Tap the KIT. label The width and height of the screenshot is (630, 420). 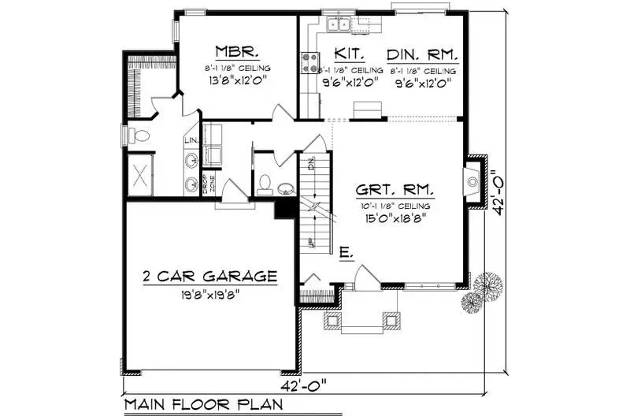(x=347, y=54)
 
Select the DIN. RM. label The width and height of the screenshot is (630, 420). (x=421, y=54)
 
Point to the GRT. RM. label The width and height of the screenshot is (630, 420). (x=395, y=190)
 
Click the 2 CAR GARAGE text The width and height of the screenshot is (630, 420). (x=209, y=276)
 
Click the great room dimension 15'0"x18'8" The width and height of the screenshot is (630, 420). (x=395, y=220)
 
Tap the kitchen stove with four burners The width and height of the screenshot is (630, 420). (x=309, y=62)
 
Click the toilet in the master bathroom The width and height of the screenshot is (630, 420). (x=140, y=135)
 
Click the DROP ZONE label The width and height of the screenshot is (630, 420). (x=208, y=182)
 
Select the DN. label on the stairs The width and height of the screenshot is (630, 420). (x=312, y=165)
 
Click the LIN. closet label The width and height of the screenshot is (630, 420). (x=191, y=141)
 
